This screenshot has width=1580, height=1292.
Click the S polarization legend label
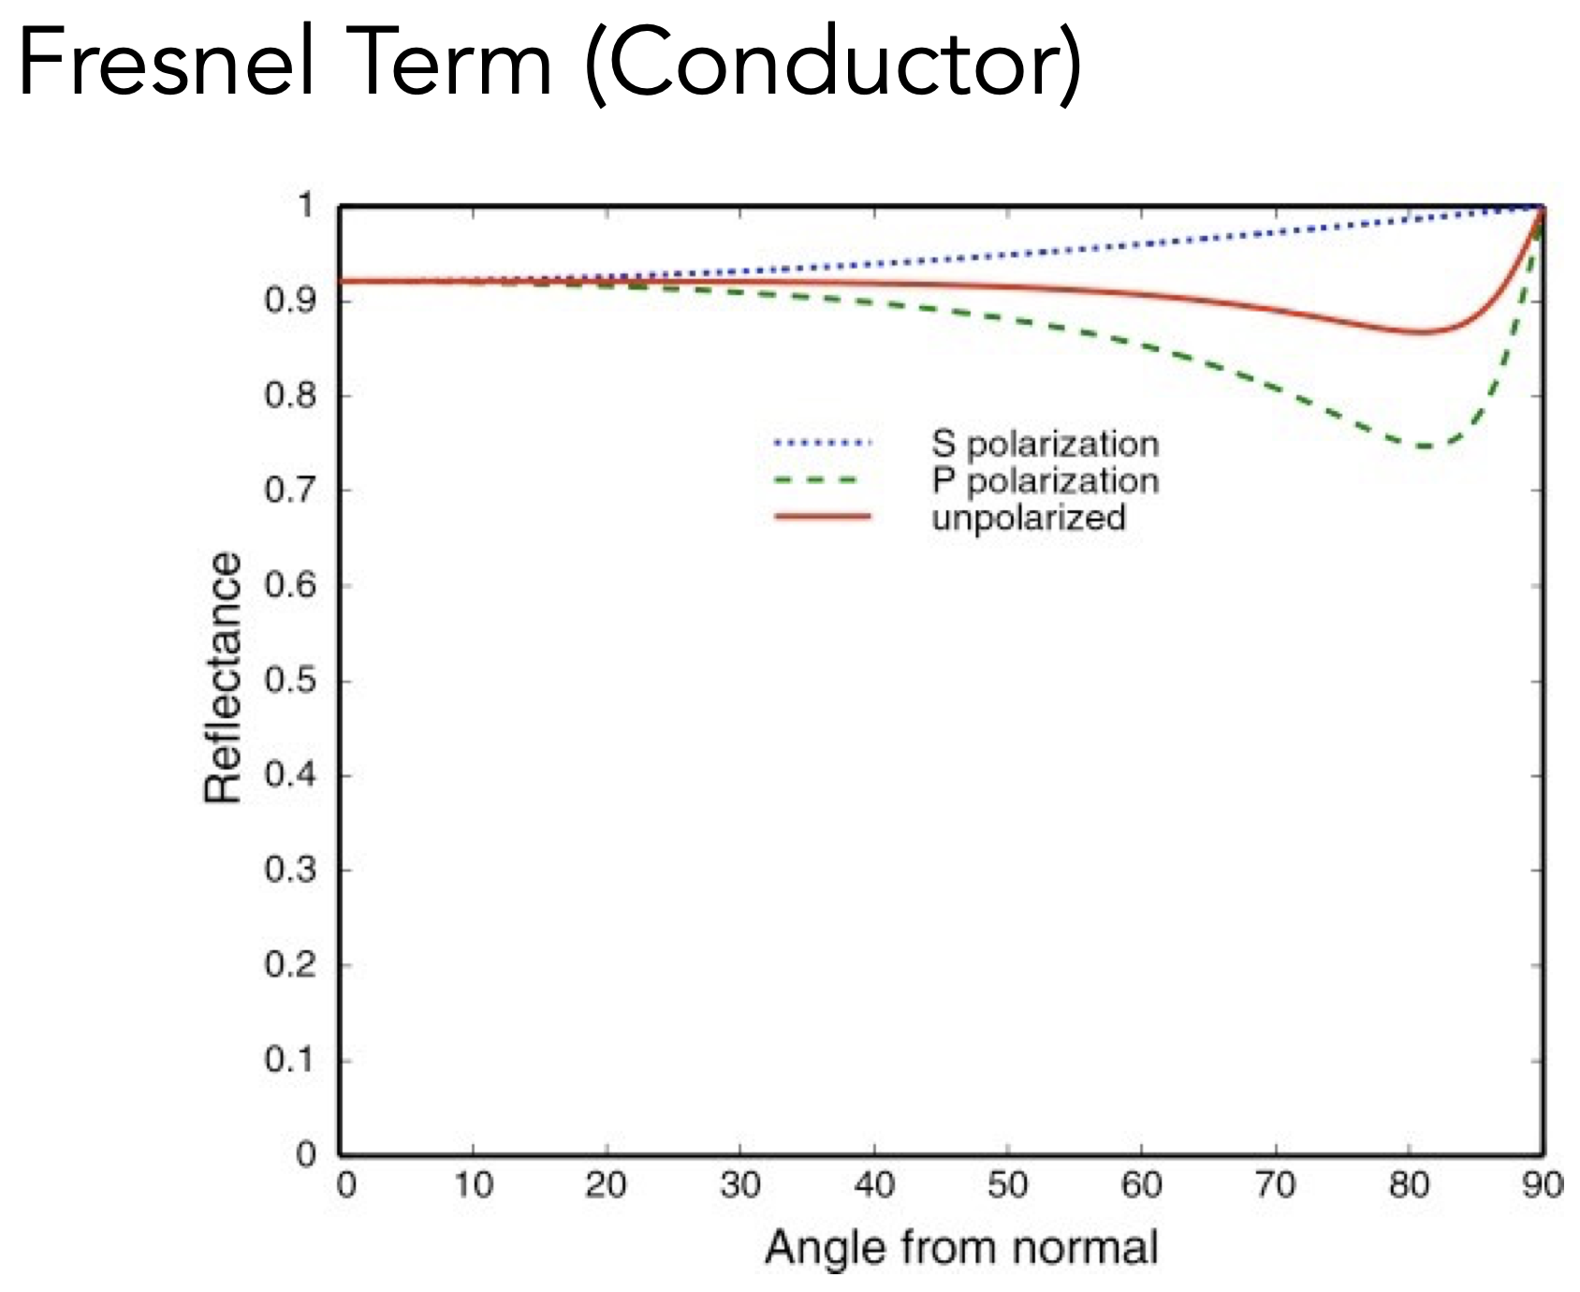point(1045,444)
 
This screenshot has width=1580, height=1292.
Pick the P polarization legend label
point(1045,481)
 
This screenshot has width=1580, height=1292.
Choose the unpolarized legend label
point(1028,518)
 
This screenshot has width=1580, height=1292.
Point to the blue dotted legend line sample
point(822,442)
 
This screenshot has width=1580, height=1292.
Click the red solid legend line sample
point(822,517)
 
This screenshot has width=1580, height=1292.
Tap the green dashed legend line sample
point(816,480)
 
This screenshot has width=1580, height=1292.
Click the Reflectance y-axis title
point(223,678)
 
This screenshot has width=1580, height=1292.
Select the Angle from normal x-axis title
point(961,1248)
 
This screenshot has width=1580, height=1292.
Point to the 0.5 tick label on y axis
point(290,680)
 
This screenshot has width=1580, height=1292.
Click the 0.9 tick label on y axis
point(290,301)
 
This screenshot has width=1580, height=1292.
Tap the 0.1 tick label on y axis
point(290,1060)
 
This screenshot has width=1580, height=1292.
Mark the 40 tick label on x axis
point(874,1185)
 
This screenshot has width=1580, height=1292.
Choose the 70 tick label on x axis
point(1276,1185)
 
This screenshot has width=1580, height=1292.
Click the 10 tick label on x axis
point(474,1185)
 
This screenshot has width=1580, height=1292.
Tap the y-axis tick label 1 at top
point(305,205)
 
